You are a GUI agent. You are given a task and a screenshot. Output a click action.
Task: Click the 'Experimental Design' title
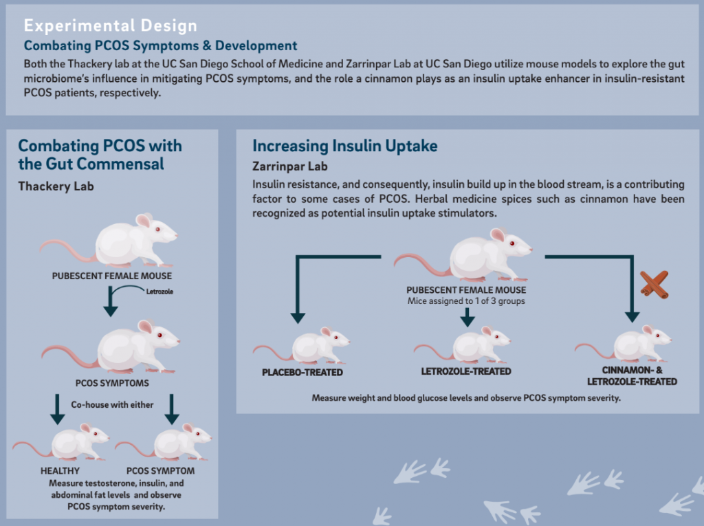(111, 25)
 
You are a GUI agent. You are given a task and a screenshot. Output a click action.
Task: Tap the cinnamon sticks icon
(654, 285)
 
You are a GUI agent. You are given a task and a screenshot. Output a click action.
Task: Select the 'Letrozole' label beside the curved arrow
(159, 292)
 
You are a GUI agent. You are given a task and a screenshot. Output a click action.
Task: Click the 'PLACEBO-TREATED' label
(302, 373)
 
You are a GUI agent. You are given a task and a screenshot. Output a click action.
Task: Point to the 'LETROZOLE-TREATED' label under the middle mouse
(466, 371)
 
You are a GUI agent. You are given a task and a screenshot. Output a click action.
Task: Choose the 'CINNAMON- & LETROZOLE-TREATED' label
(632, 376)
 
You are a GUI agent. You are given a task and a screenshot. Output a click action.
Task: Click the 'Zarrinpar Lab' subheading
(290, 166)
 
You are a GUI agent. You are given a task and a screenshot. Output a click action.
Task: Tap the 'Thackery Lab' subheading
(56, 186)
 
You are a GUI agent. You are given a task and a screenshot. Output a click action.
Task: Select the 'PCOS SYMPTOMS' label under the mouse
(112, 383)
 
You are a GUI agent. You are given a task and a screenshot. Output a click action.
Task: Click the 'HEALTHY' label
(60, 471)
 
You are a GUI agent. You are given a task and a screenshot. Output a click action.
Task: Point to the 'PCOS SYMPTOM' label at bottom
(160, 471)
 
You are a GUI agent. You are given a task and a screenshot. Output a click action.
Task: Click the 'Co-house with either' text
(112, 405)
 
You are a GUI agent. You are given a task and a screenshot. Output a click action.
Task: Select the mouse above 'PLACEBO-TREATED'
(302, 345)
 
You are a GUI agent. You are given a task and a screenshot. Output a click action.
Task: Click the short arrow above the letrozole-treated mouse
(467, 317)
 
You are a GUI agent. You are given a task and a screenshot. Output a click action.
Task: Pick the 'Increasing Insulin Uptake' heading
(345, 146)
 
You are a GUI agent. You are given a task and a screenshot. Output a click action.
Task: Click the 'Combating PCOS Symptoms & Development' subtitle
(160, 45)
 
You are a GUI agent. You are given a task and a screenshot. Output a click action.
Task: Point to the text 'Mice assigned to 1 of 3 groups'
(466, 301)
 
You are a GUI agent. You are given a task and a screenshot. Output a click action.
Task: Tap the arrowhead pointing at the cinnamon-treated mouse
(632, 317)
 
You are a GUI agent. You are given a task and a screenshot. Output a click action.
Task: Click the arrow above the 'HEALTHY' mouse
(58, 409)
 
